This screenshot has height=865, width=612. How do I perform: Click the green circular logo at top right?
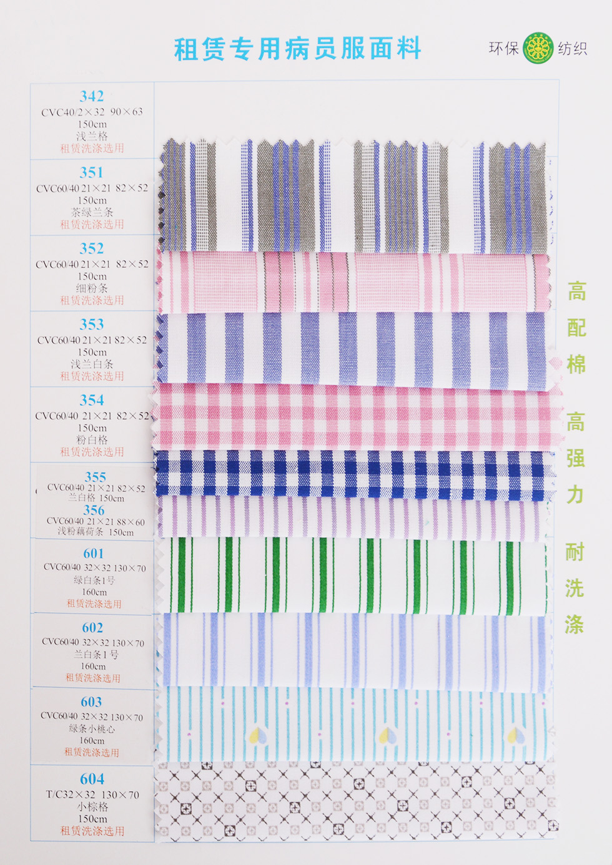click(x=538, y=48)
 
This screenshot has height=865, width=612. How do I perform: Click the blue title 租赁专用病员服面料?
click(x=298, y=49)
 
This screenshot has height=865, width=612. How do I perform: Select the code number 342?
click(x=92, y=96)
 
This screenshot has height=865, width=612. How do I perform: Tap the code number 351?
click(x=92, y=172)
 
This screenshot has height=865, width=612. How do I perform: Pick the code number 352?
click(x=92, y=248)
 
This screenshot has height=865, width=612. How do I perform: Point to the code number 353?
click(x=92, y=325)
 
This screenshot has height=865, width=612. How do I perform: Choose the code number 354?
click(x=92, y=400)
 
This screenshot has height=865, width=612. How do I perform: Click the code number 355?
click(x=95, y=477)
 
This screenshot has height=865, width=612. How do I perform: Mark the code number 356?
click(x=94, y=510)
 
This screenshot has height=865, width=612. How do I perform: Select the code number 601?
click(x=94, y=554)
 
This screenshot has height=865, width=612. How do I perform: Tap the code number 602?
click(x=92, y=628)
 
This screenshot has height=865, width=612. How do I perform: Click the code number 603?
click(x=91, y=702)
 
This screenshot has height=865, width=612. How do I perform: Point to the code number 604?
click(x=92, y=779)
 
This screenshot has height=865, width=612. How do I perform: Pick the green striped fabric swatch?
click(x=353, y=575)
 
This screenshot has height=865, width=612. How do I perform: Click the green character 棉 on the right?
click(x=576, y=364)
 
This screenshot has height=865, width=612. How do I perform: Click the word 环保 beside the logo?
click(x=503, y=48)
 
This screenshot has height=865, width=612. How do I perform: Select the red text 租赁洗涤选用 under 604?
click(x=92, y=831)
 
